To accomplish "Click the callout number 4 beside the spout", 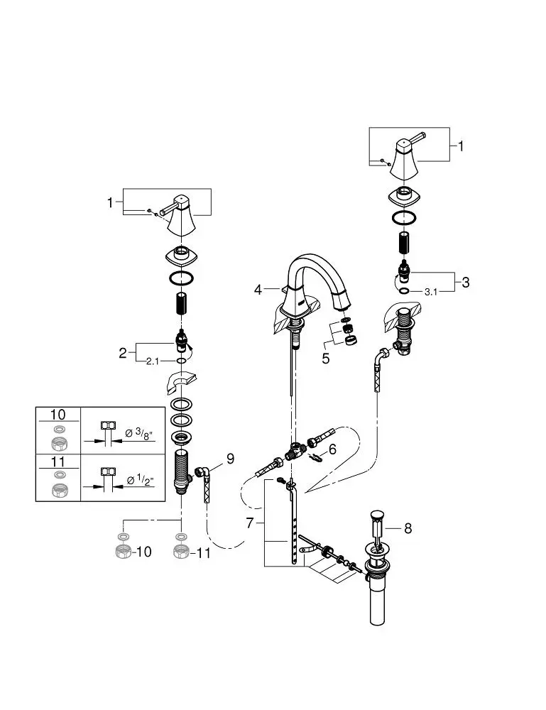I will point(258,290).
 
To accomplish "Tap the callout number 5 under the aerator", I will point(325,359).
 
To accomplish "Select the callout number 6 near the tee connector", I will point(332,449).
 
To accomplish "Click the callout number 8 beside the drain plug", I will point(408,528).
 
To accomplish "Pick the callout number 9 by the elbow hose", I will point(230,459).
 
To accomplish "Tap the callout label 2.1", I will point(153,362).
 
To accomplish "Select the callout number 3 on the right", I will point(465,282).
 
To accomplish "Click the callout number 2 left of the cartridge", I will point(123,351).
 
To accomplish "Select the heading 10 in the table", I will point(58,415).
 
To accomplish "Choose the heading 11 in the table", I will point(58,461).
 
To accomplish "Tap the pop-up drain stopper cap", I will point(377,513).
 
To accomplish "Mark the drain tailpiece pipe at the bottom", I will point(377,603).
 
